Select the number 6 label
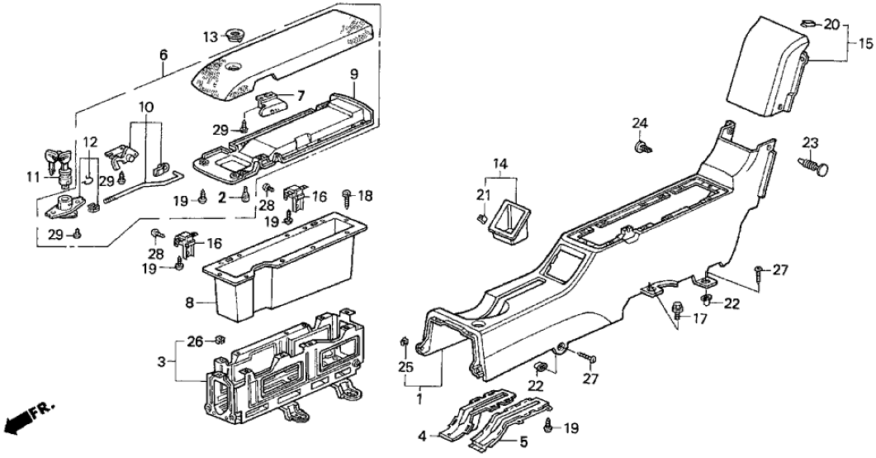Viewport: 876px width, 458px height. coord(163,55)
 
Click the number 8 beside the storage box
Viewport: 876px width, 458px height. coord(188,303)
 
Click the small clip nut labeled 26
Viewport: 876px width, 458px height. coord(220,340)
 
